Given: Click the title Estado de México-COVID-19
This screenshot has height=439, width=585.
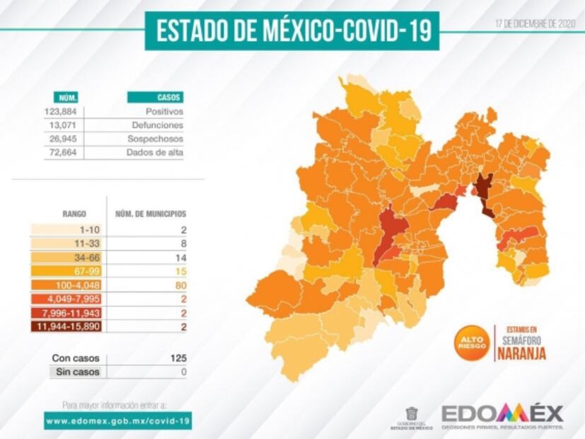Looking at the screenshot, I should coord(292,32).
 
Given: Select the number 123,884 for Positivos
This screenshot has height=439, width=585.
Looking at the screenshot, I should coord(62,112).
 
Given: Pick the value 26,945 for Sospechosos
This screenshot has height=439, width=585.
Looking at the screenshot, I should coord(63,139).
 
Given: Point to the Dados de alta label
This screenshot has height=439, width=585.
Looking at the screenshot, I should coord(155,152).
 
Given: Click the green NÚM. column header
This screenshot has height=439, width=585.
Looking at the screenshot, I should coord(68,98).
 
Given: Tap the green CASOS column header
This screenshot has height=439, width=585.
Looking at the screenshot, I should coord(155,98).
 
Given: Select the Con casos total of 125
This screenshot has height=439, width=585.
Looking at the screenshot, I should coord(178,358).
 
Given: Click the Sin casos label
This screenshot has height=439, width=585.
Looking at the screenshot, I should coord(76,372).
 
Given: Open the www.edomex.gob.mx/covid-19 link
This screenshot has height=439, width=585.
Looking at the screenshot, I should coord(117,421).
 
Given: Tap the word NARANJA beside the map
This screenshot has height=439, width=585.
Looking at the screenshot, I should coord(522,354).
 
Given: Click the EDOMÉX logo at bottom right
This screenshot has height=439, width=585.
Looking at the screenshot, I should coord(502,414).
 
